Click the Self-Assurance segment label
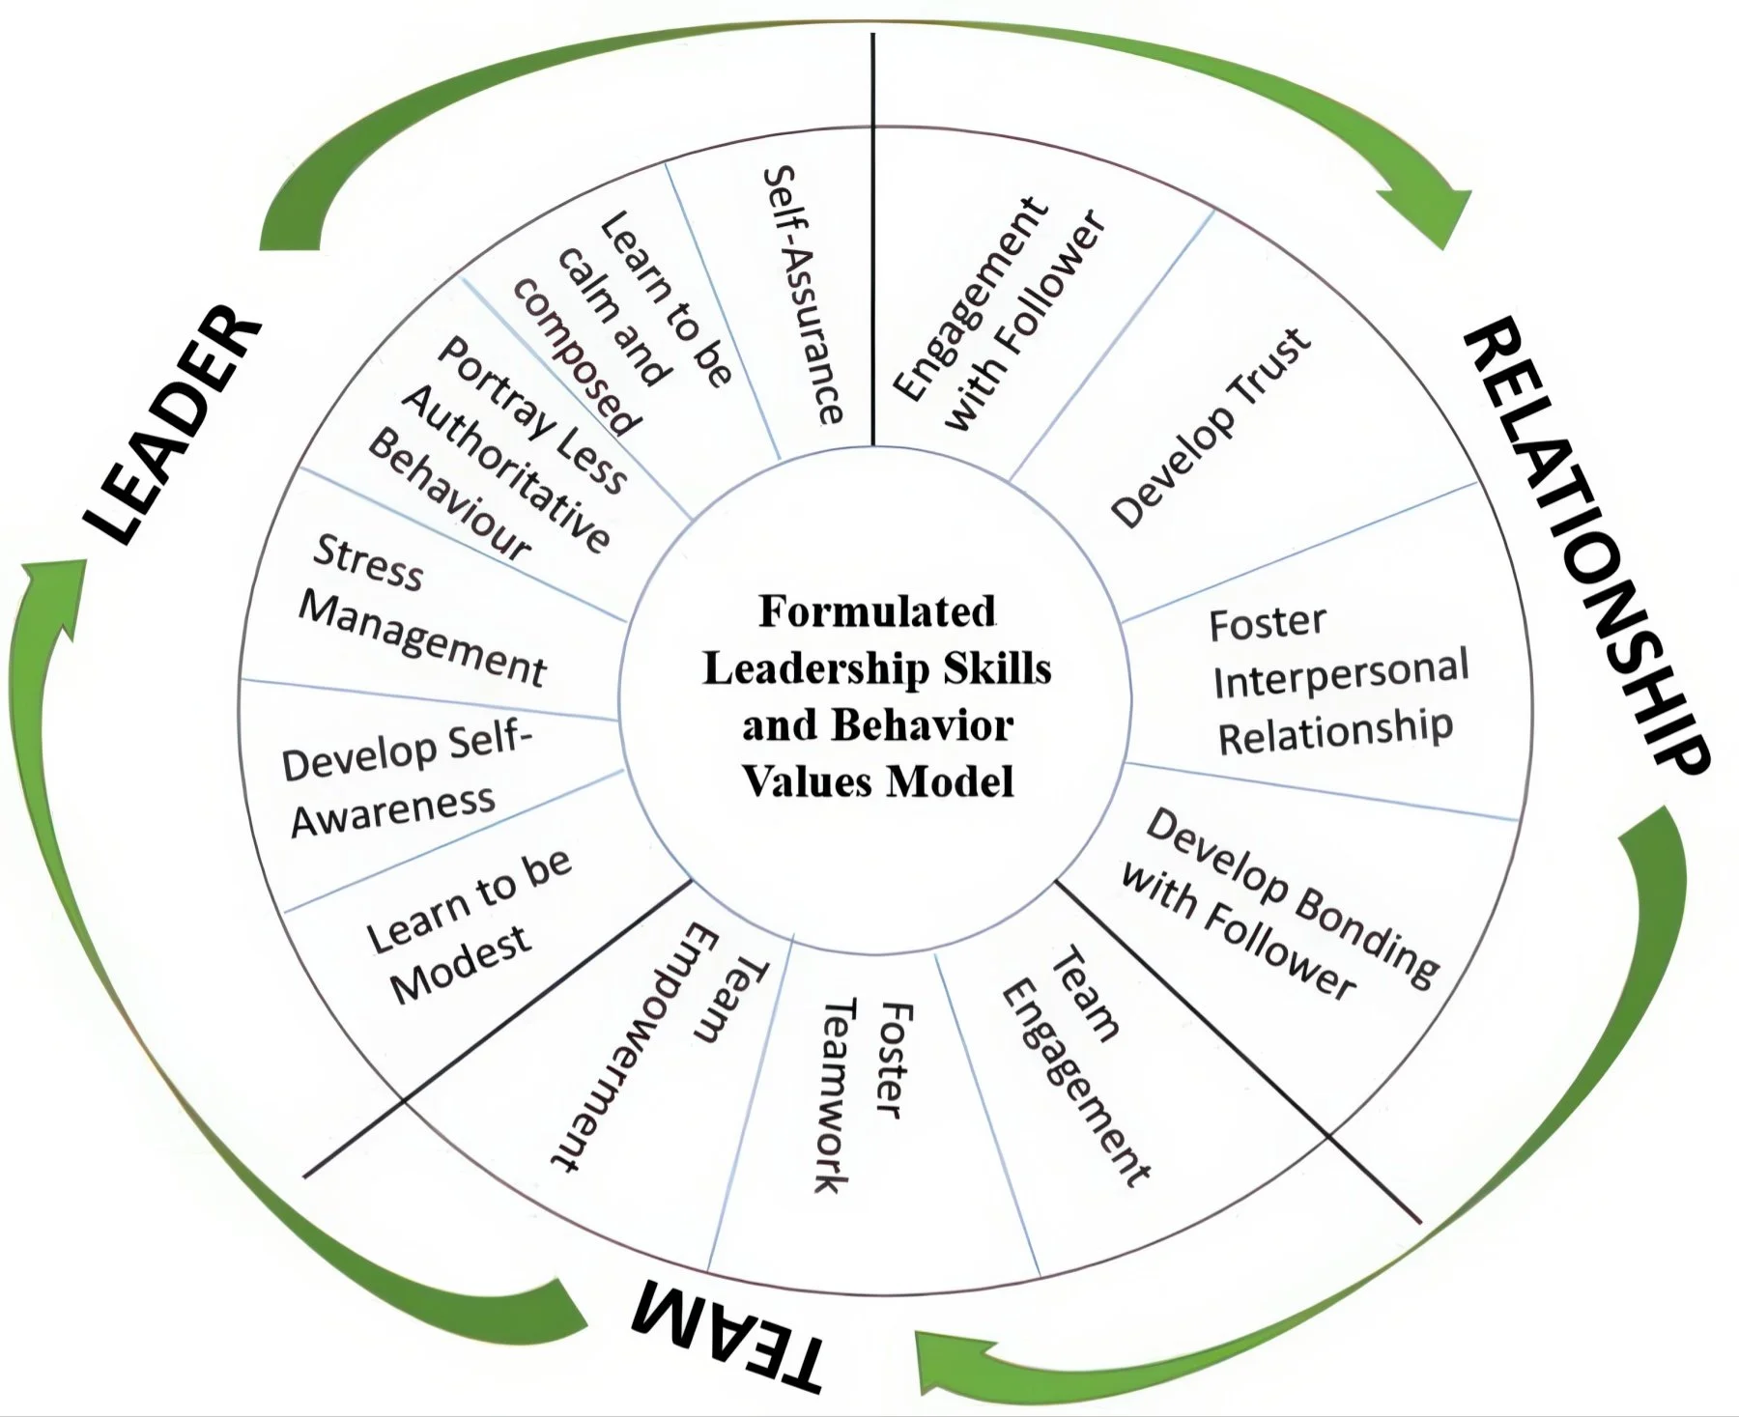coord(803,295)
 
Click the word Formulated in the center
coord(876,611)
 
